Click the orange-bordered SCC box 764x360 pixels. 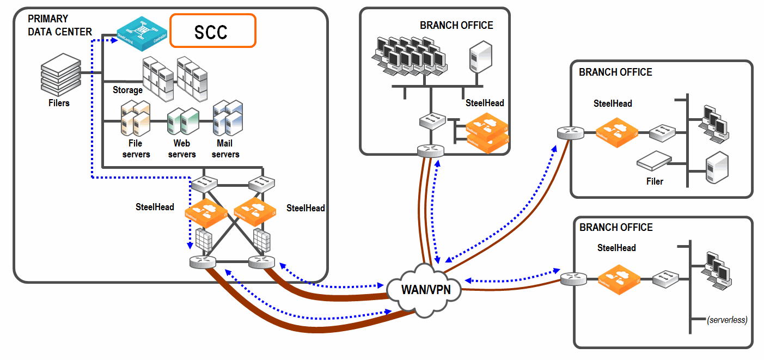(212, 31)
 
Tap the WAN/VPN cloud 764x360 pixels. (426, 289)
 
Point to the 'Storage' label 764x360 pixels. (127, 90)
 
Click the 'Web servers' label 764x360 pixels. (181, 149)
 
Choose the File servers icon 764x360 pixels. (135, 118)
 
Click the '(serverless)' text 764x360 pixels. (727, 320)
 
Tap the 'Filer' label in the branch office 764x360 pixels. (655, 181)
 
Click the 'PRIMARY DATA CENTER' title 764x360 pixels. (60, 26)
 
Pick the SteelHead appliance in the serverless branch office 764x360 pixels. (616, 279)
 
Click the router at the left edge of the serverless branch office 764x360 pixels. (572, 279)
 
